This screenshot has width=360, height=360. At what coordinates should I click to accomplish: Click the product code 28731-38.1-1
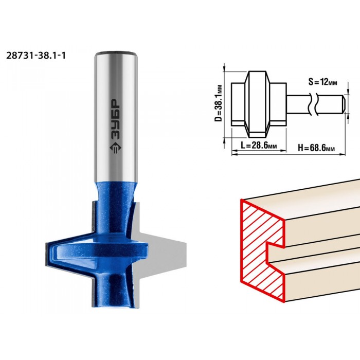(36, 56)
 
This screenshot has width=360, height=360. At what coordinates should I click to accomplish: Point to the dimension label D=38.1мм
(219, 103)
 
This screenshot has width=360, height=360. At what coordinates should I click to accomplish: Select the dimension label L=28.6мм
(259, 145)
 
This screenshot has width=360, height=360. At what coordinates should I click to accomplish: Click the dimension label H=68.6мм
(316, 148)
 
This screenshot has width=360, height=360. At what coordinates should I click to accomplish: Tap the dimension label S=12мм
(323, 82)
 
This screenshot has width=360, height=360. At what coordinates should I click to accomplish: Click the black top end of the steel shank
(116, 53)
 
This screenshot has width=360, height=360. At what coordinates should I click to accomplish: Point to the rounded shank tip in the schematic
(343, 104)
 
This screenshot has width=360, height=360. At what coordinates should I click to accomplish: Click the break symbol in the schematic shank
(313, 104)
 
